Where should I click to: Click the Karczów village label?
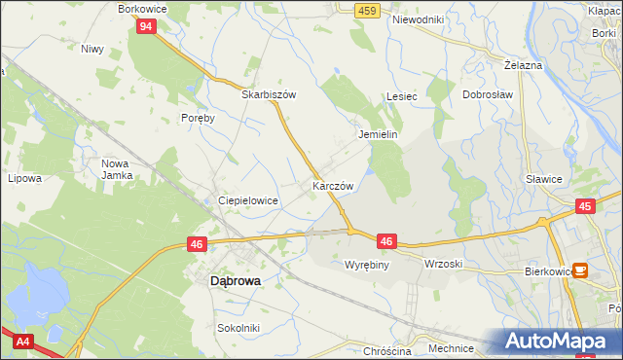(x=331, y=185)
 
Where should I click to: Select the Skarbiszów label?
(x=269, y=94)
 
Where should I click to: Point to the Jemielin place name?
(x=379, y=134)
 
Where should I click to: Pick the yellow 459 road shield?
(x=366, y=10)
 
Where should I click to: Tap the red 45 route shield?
(x=585, y=206)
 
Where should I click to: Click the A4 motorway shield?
(x=20, y=341)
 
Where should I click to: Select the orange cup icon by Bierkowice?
(x=581, y=270)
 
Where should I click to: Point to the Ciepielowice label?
(x=248, y=200)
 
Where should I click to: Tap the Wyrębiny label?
(x=367, y=264)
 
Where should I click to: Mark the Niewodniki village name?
(x=418, y=19)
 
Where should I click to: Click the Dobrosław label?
(x=488, y=95)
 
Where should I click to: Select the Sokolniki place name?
(x=238, y=329)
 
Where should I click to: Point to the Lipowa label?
(x=24, y=179)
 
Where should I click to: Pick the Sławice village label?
(x=543, y=179)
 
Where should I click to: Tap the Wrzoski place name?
(x=443, y=264)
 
